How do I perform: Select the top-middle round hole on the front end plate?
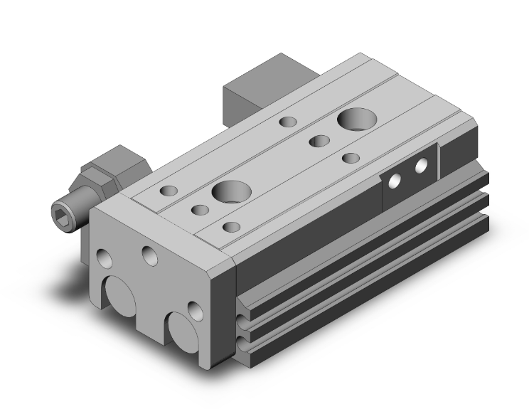coord(151,255)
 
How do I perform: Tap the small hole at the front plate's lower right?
coord(193,310)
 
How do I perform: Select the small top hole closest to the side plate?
coord(350,158)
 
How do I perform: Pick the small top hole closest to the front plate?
coord(230,227)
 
